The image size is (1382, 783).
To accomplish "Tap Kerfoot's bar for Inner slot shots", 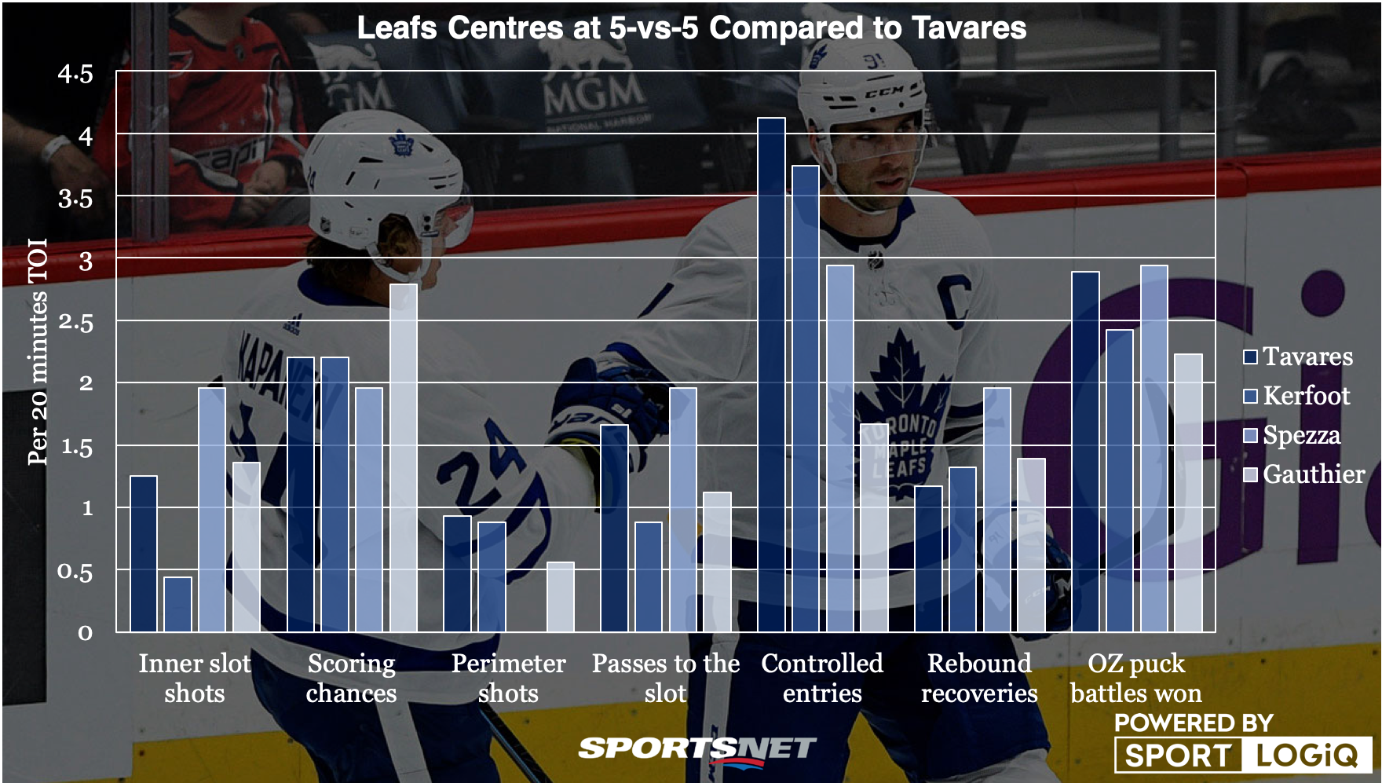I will tap(177, 605).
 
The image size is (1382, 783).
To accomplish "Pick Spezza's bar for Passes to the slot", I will tap(683, 510).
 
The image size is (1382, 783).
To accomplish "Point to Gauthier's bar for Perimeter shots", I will tap(561, 597).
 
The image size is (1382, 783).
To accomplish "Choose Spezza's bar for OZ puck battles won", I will tap(1153, 448).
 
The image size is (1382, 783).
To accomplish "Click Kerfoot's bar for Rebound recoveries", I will tap(963, 550).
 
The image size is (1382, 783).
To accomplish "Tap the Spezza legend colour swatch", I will tap(1251, 435).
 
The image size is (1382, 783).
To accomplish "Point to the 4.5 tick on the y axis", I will tap(75, 75).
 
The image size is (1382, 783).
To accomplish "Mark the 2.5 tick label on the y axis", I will tap(75, 323).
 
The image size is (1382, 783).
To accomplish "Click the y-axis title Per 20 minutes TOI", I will tap(38, 351).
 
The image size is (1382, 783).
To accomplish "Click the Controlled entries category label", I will tap(822, 678).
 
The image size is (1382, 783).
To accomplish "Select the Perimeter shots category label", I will tap(508, 678).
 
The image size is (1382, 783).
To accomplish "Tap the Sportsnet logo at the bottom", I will tap(697, 749).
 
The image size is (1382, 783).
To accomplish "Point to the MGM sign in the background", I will tap(595, 98).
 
